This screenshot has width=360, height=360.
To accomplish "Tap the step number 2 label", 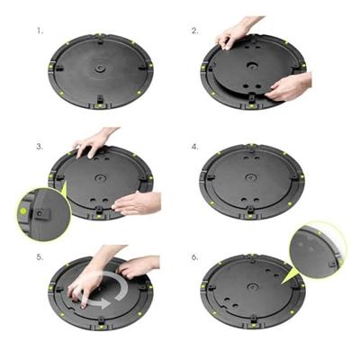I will tap(195, 31).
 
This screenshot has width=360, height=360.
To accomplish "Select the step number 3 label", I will tap(40, 145).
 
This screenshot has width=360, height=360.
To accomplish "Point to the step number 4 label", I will tap(195, 145).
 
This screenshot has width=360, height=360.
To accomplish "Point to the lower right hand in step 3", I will tap(139, 202).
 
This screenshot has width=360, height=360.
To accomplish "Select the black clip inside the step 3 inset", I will tap(42, 214).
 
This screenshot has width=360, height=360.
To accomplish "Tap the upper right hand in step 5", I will tap(139, 265).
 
